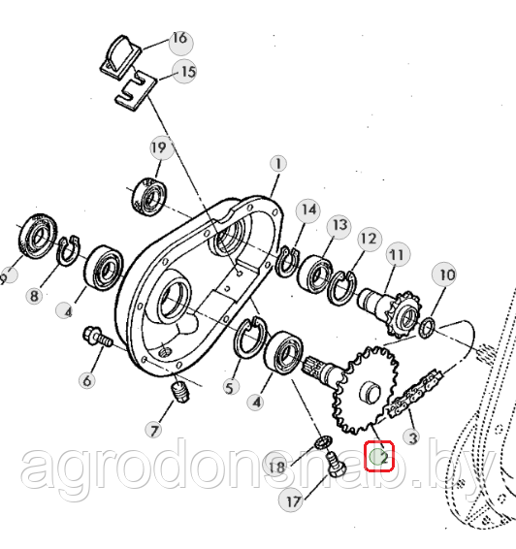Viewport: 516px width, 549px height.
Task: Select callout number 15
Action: tap(184, 72)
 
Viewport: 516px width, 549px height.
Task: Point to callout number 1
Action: tap(278, 164)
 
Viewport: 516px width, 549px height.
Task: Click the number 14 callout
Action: tap(308, 210)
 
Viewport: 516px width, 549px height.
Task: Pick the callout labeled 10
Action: tap(444, 274)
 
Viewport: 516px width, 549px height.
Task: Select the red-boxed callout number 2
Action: tap(379, 456)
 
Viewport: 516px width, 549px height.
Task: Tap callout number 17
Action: tap(292, 501)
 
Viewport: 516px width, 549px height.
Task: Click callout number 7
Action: tap(154, 430)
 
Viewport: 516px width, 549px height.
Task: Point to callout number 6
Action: tap(87, 380)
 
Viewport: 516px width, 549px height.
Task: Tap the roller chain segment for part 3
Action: tap(414, 394)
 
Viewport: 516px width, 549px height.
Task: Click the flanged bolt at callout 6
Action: tap(98, 337)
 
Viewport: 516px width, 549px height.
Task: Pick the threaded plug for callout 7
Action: tap(180, 393)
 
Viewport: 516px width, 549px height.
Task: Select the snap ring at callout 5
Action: tap(250, 338)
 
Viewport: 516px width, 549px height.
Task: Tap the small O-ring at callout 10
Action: tap(427, 329)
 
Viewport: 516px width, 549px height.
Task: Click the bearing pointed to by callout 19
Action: tap(149, 197)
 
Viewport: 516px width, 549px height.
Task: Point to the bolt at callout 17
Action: tap(336, 467)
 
